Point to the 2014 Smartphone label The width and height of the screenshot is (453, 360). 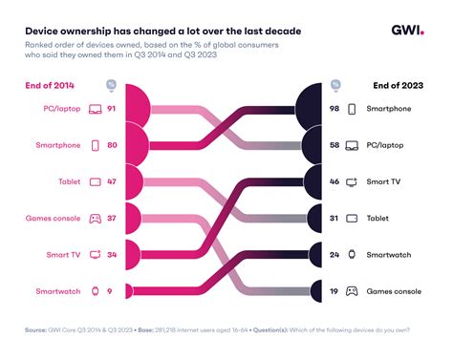56,146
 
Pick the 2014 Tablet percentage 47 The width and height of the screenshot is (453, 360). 112,181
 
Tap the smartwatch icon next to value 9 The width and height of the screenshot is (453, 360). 95,289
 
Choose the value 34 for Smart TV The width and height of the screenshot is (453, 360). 112,254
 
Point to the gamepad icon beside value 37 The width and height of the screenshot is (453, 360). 95,218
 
